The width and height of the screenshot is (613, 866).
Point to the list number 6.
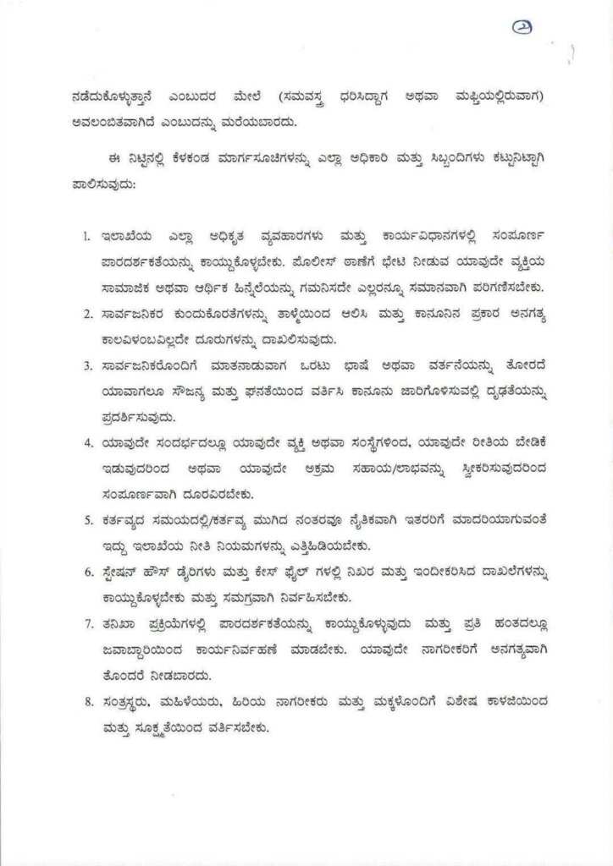(86, 572)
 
